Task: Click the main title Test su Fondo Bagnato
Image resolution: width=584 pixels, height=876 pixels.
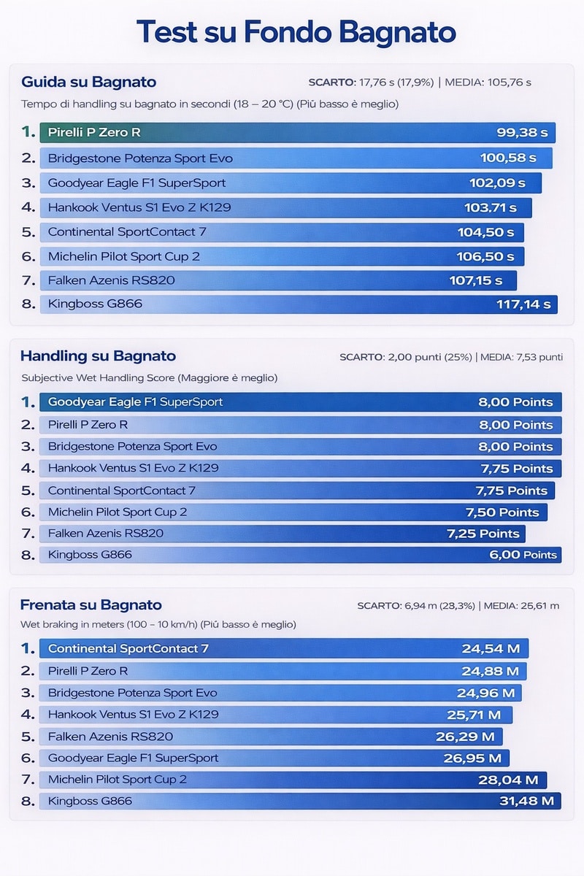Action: [296, 33]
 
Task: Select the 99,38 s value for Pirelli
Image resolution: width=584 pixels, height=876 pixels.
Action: [521, 133]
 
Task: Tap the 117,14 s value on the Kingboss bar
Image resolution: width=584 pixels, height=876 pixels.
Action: [523, 304]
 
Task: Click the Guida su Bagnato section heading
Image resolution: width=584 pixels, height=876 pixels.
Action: [88, 82]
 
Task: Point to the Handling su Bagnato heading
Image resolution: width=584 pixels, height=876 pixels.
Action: [98, 356]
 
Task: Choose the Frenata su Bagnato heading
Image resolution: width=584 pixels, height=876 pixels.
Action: [91, 604]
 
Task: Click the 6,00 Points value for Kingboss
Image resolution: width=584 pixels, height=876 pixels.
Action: [523, 555]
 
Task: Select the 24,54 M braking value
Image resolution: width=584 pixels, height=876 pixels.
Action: [490, 648]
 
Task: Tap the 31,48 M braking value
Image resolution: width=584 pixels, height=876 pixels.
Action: [526, 801]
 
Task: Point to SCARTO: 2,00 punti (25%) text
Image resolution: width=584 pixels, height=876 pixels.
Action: [406, 357]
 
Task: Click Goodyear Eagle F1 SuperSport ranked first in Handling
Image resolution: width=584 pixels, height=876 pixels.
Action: [135, 402]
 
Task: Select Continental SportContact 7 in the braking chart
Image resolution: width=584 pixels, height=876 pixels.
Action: [128, 648]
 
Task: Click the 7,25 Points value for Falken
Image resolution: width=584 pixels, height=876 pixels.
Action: [483, 534]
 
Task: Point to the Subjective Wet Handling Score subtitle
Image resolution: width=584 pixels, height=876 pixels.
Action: [149, 378]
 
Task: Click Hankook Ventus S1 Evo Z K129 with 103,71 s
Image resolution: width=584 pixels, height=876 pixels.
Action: [139, 207]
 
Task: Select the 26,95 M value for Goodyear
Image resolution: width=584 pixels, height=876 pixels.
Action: [472, 758]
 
